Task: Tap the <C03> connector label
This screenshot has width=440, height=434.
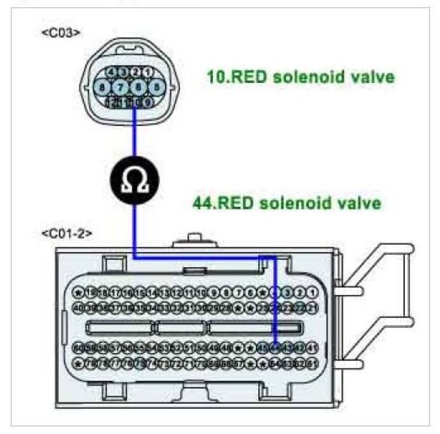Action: click(61, 33)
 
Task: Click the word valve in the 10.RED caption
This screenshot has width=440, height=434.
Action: click(370, 78)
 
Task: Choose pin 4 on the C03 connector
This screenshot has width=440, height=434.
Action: click(112, 72)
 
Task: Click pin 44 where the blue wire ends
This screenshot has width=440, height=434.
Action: click(276, 347)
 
